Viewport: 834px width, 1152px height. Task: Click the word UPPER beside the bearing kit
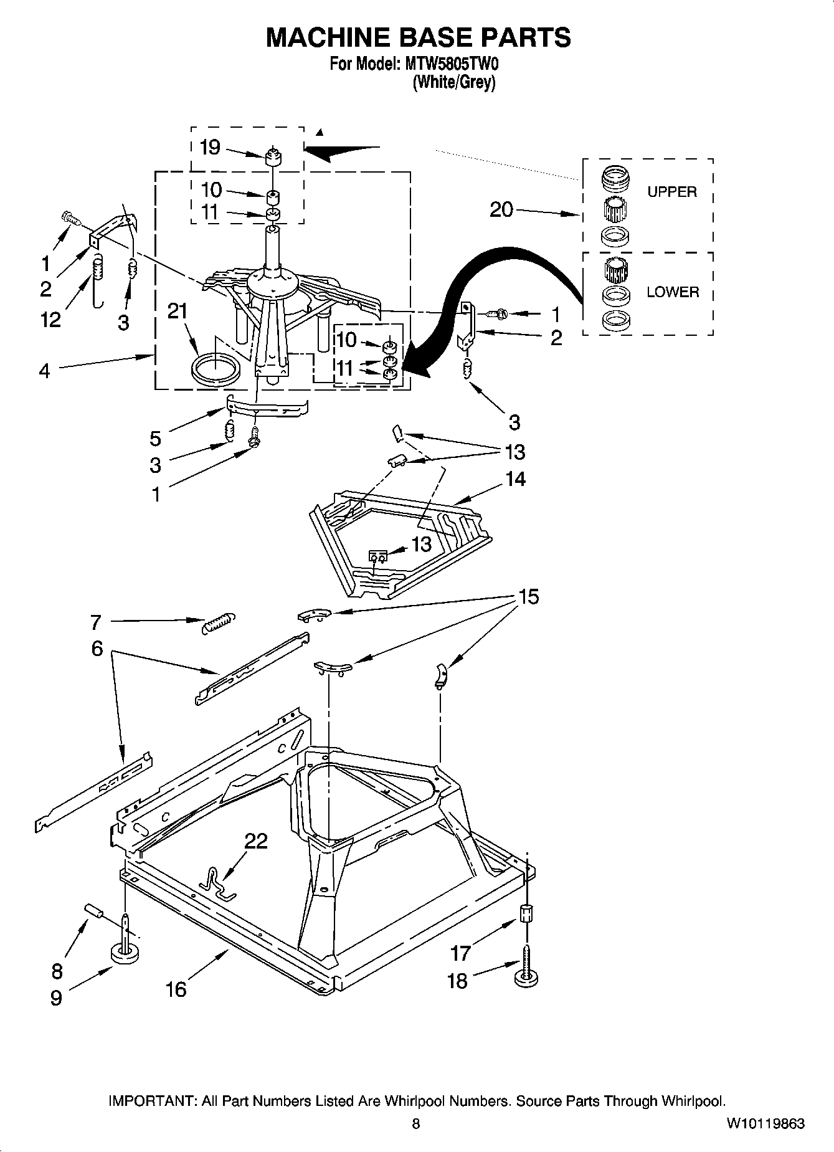coord(671,192)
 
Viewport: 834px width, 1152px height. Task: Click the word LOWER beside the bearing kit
coord(672,292)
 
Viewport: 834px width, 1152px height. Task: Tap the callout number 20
coord(501,210)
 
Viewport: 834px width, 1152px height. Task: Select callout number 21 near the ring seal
coord(178,311)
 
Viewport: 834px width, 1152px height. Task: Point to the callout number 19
coord(210,148)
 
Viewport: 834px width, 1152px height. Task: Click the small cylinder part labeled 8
coord(93,913)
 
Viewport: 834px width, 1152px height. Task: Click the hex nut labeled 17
coord(527,914)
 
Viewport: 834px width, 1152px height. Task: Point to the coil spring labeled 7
coord(219,622)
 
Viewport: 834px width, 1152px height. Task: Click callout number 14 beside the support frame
coord(516,478)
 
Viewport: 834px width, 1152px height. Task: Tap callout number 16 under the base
coord(176,989)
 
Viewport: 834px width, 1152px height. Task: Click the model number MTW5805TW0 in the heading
coord(448,64)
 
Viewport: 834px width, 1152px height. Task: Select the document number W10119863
coord(765,1124)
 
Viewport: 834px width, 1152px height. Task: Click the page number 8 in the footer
coord(416,1124)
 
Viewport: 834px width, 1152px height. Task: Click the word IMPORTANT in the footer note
coord(152,1101)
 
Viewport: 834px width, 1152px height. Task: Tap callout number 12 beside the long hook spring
coord(50,320)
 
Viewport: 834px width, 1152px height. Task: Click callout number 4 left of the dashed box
coord(44,371)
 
